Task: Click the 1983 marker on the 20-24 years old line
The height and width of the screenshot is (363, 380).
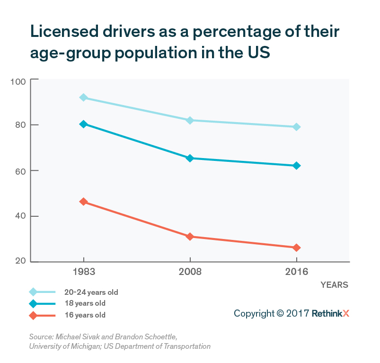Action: (84, 97)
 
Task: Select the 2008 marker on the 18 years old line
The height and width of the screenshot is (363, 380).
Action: (190, 158)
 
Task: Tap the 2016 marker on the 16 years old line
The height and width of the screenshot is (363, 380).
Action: (296, 248)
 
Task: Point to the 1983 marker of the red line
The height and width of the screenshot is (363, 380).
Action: (84, 202)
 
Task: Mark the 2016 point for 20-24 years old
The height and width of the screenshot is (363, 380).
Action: (296, 127)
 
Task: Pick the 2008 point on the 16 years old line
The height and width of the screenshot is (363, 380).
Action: (190, 236)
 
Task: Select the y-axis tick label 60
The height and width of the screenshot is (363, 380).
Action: (20, 171)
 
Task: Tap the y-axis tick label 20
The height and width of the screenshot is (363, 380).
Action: (20, 262)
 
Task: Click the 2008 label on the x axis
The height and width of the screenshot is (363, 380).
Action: (190, 272)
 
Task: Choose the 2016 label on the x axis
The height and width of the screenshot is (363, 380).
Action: (296, 272)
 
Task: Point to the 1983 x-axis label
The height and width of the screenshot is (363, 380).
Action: (84, 272)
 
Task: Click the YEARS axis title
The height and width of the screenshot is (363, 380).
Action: (334, 285)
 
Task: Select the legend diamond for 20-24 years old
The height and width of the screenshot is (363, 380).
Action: (33, 292)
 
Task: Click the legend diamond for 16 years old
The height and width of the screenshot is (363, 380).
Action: (33, 315)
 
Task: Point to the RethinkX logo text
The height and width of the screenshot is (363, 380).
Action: (330, 313)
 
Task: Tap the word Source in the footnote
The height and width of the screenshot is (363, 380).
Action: (40, 337)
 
